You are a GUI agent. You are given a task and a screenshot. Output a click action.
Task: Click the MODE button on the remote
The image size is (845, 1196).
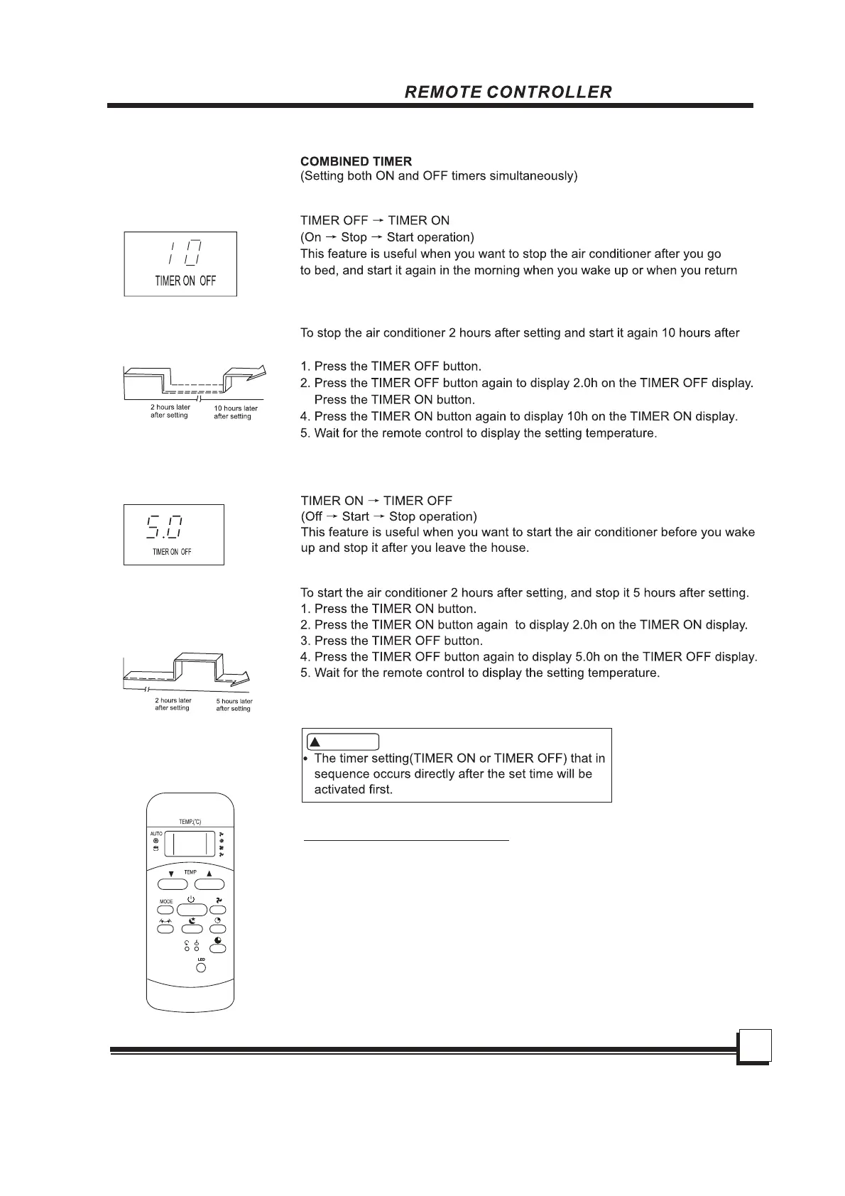(165, 910)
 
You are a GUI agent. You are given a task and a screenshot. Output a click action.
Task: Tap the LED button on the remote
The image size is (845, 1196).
(201, 967)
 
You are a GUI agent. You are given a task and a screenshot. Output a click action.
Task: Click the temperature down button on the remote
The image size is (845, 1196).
(173, 884)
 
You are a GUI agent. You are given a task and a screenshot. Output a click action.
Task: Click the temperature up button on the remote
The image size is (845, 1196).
(209, 884)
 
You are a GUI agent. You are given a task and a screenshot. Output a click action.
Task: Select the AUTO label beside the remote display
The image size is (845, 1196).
(156, 834)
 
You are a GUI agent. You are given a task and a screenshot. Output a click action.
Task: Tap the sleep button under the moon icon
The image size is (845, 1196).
(192, 929)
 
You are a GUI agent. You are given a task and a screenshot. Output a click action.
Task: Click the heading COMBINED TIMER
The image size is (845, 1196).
(356, 161)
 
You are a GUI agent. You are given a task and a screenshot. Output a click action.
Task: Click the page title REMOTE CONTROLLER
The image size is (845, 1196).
(508, 92)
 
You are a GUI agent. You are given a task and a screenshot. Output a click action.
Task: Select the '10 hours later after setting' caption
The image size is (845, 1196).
(236, 412)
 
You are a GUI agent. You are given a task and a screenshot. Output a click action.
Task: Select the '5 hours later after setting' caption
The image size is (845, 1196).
(234, 705)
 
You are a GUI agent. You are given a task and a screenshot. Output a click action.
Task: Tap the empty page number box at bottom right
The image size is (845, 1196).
(754, 1046)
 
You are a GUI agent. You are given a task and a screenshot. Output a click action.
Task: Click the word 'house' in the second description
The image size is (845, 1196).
(510, 548)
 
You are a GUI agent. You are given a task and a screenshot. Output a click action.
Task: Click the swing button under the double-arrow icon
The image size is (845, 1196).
(165, 929)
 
